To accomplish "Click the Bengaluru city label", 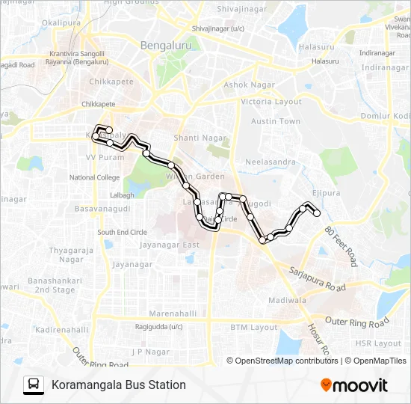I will click(168, 45).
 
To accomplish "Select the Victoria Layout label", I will click(271, 101).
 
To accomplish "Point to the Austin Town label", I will click(275, 121).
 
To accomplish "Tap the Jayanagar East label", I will click(170, 245).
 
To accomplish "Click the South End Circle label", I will click(122, 232).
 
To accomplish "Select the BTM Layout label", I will click(253, 327).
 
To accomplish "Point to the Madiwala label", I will click(288, 300).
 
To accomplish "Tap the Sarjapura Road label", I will click(319, 278).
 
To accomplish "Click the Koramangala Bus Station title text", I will click(119, 385).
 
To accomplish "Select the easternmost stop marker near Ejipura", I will click(317, 213).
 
